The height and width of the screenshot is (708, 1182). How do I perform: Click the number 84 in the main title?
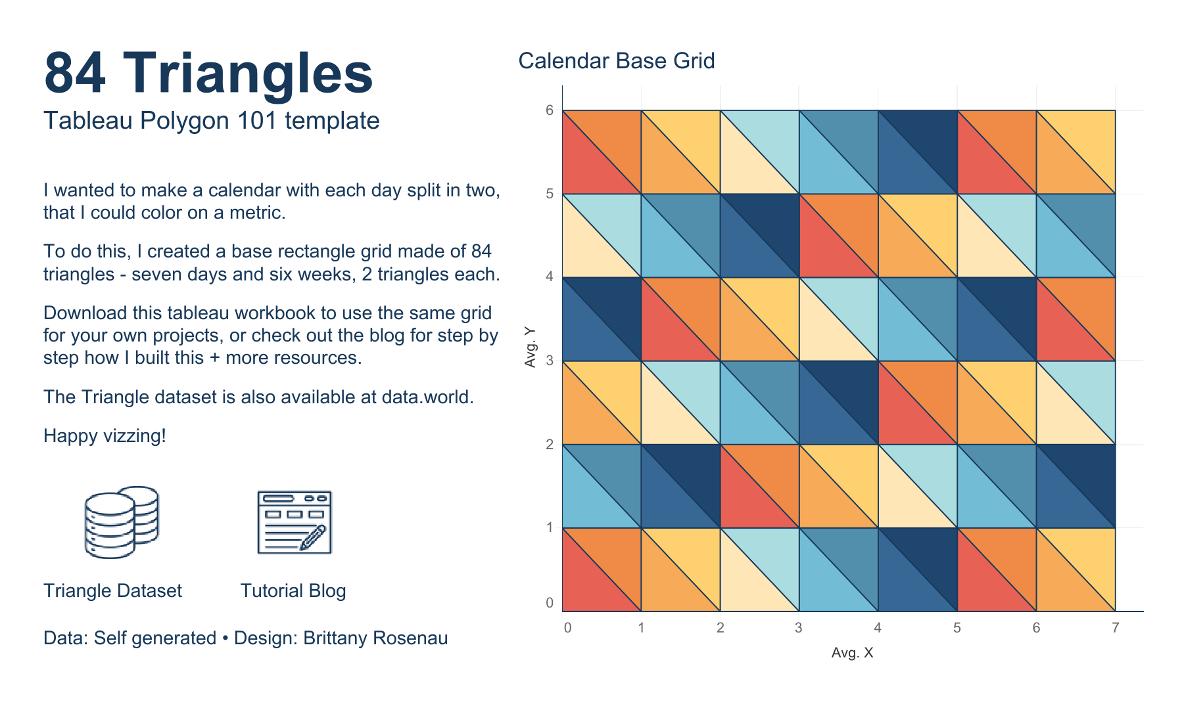coord(75,74)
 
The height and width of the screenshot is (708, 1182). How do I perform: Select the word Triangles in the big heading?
coord(248,74)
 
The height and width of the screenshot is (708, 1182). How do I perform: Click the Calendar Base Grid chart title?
coord(616,61)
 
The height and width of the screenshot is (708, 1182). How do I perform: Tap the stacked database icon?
coord(122,522)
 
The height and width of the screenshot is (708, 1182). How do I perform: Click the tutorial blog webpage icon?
coord(294,522)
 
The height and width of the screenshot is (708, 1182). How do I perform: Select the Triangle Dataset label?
coord(112,590)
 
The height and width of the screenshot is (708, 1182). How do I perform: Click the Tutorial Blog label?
coord(293,590)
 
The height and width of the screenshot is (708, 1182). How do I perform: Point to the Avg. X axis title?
coord(852,653)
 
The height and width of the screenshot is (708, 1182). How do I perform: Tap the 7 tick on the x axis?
coord(1115,628)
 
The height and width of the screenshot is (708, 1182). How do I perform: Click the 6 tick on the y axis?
coord(550,110)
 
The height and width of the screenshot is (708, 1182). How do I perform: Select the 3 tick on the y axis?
coord(550,361)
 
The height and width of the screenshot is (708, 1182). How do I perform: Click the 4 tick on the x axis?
coord(877,628)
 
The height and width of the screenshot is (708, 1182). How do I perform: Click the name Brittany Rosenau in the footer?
coord(375,638)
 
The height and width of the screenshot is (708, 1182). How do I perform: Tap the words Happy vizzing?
coord(105,435)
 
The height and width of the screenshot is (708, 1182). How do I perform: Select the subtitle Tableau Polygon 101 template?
coord(211,121)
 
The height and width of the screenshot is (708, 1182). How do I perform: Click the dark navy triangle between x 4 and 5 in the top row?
coord(930,138)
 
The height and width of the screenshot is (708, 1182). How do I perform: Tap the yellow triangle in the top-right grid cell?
coord(1089,138)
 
